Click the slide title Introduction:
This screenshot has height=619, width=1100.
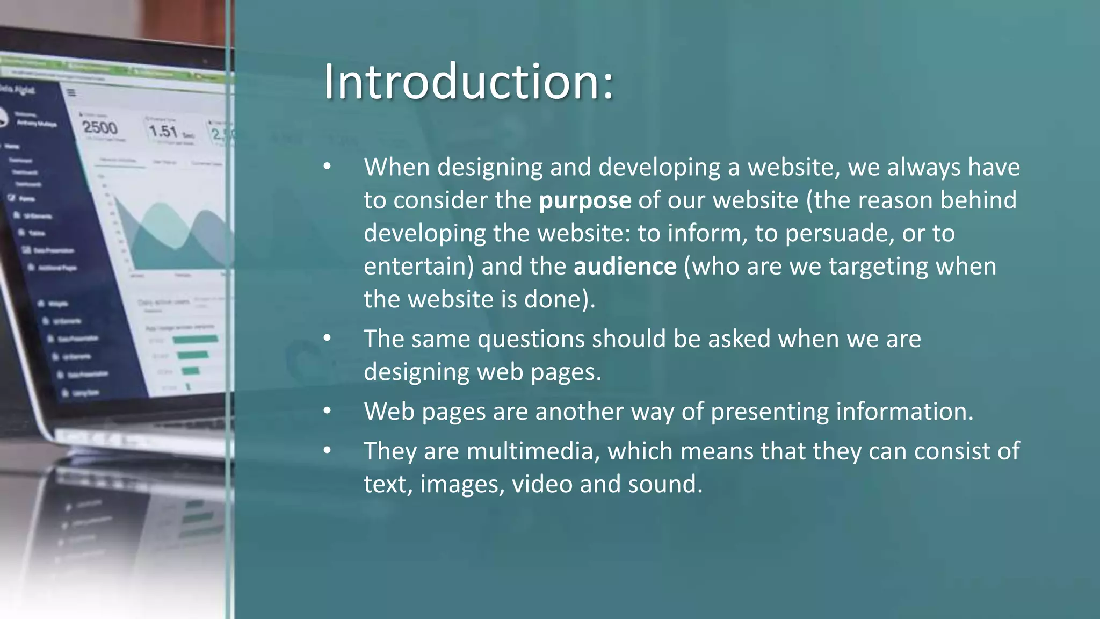(468, 82)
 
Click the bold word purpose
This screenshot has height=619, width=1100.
(585, 200)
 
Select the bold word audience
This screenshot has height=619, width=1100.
(625, 267)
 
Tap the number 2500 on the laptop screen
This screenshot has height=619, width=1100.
(100, 128)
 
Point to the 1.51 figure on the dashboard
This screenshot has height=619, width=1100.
(163, 131)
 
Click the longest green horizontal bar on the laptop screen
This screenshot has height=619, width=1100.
(196, 339)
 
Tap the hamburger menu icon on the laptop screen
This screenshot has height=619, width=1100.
(71, 93)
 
